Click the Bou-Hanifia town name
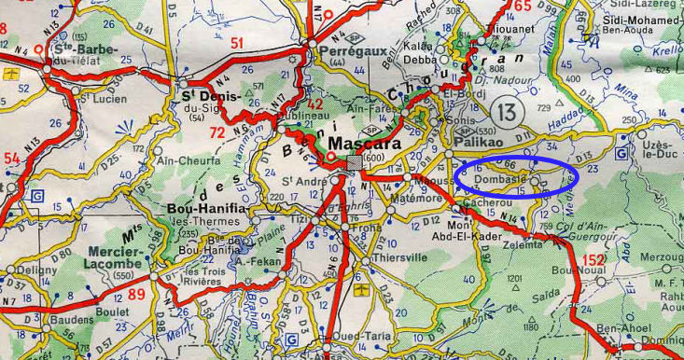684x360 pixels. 206,208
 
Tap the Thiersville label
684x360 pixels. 399,257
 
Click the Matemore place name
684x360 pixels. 420,198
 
